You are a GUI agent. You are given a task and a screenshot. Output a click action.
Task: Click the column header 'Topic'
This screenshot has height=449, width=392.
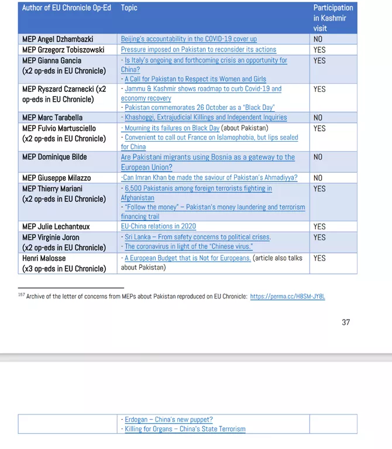[129, 8]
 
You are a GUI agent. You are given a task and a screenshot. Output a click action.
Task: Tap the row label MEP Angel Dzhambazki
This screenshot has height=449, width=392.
[57, 39]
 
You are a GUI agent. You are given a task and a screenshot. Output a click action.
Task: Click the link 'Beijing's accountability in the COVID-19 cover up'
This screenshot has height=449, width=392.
[188, 39]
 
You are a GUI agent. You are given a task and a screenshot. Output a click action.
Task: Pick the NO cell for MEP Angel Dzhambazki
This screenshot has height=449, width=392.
[318, 39]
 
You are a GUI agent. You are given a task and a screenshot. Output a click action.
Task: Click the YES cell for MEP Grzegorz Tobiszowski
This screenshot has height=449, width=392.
[319, 50]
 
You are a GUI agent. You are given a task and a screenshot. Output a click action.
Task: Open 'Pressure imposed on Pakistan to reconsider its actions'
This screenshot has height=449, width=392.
[198, 50]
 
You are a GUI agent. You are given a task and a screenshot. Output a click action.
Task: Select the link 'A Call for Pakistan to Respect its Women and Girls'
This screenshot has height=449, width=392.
[195, 79]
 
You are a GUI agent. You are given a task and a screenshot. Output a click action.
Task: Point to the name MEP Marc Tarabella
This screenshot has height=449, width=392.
[52, 118]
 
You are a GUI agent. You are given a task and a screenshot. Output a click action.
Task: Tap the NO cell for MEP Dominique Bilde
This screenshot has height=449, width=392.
[318, 157]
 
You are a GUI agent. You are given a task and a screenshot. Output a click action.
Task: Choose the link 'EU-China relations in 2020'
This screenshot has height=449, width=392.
[158, 227]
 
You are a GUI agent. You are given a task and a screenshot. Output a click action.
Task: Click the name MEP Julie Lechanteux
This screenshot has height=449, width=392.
[56, 227]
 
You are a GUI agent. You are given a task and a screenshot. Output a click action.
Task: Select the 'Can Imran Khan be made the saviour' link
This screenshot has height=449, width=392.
[209, 178]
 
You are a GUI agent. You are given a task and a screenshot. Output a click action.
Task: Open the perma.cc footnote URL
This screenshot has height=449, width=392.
[287, 297]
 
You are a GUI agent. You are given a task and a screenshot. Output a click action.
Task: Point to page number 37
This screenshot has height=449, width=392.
[346, 322]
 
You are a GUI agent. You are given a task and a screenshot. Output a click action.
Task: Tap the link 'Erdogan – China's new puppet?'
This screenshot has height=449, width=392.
[169, 420]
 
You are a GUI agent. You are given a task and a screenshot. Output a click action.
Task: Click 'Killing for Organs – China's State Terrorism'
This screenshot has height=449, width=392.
[185, 429]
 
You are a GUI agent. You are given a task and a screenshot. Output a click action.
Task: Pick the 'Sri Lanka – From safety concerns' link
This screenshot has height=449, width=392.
[197, 237]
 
